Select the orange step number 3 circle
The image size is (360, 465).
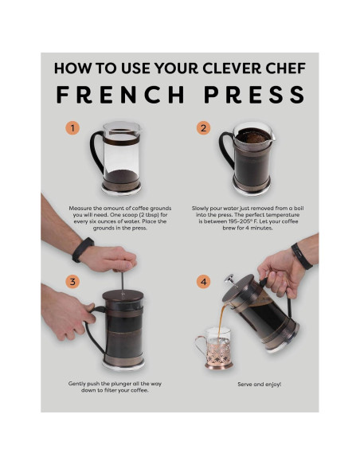(x=73, y=281)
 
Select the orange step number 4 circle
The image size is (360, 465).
(x=204, y=281)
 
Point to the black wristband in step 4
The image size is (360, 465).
(x=301, y=255)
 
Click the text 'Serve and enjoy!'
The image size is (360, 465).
(x=259, y=384)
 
